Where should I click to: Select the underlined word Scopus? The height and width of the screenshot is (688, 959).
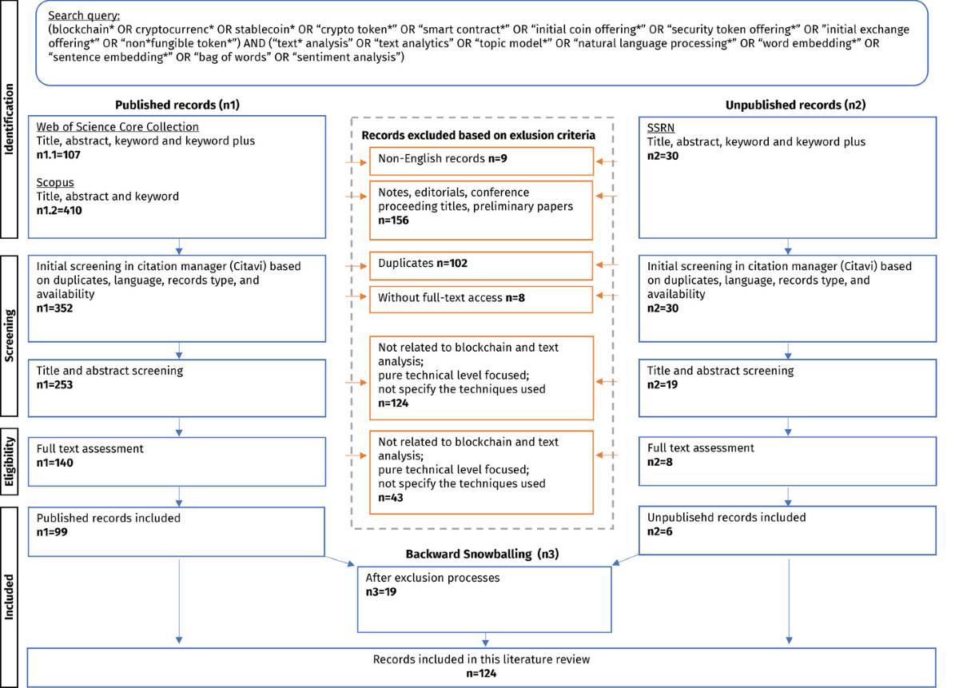click(54, 182)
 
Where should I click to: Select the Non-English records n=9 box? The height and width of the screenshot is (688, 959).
click(481, 160)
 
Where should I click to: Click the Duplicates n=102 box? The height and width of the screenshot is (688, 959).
click(481, 266)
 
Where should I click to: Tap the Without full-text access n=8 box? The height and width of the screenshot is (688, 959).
click(481, 298)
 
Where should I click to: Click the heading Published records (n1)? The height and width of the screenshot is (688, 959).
click(177, 105)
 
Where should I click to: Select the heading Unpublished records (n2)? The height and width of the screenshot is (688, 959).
click(785, 105)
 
